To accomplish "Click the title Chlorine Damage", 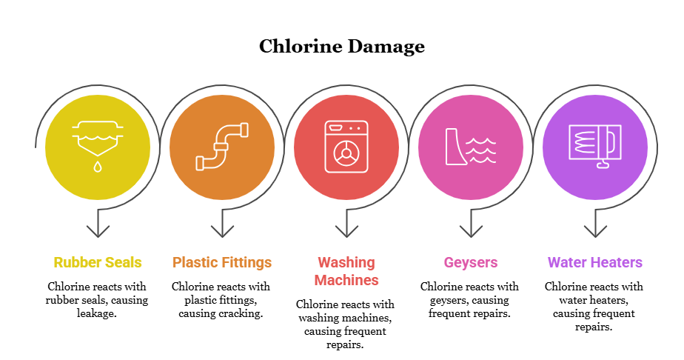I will pyautogui.click(x=342, y=47).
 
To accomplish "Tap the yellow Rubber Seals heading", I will pyautogui.click(x=98, y=262).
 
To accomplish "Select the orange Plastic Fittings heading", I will pyautogui.click(x=222, y=262).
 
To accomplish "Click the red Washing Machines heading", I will pyautogui.click(x=346, y=271).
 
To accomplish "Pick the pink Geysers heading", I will pyautogui.click(x=471, y=262).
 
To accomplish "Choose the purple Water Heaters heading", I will pyautogui.click(x=595, y=262).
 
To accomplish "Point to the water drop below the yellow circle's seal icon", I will pyautogui.click(x=98, y=167).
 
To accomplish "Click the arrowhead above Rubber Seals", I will pyautogui.click(x=98, y=230).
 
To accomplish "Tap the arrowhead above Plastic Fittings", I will pyautogui.click(x=222, y=230).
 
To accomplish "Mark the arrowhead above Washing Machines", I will pyautogui.click(x=346, y=230).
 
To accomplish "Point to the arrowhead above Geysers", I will pyautogui.click(x=471, y=230).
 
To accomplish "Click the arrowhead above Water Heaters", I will pyautogui.click(x=595, y=230).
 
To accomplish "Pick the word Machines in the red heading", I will pyautogui.click(x=346, y=280).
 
